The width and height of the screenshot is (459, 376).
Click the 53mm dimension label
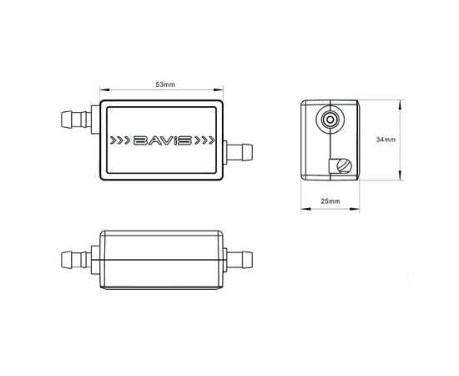[x=165, y=85]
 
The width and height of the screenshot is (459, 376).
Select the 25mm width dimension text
[x=330, y=202]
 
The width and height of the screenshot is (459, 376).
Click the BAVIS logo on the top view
[x=162, y=140]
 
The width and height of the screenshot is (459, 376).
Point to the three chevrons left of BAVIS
[x=121, y=140]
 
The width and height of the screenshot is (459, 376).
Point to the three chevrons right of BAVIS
[x=204, y=140]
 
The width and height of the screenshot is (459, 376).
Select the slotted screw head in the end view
[x=342, y=165]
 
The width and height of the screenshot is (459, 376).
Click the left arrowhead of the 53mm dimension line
[x=103, y=91]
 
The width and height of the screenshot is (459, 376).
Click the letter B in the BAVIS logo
[x=140, y=140]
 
